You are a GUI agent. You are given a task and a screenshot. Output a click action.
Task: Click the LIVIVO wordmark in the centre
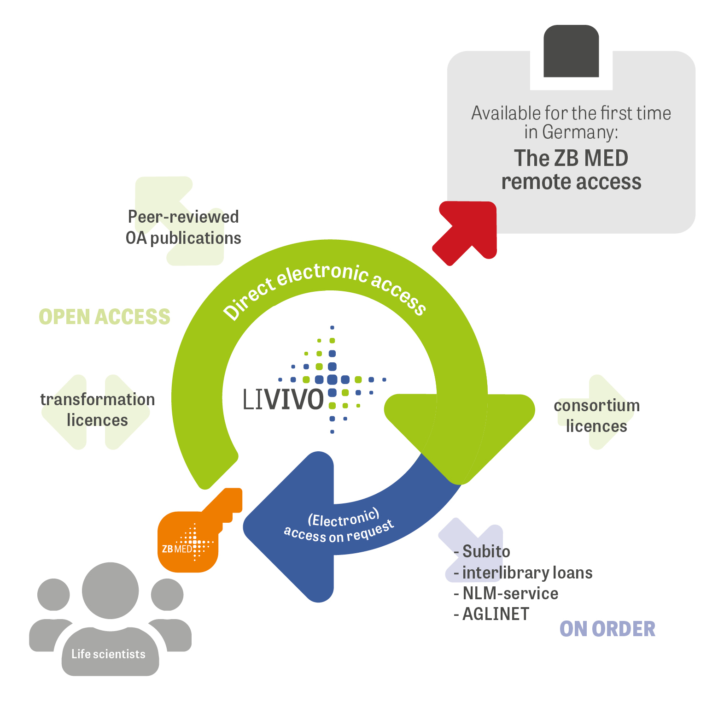coord(283,400)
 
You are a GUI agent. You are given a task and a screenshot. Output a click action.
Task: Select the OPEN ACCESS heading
coord(105,317)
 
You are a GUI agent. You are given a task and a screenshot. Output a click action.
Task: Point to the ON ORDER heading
coord(607,629)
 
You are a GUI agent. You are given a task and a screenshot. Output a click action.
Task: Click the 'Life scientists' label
coord(109,654)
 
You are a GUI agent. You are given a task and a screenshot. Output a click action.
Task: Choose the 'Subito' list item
coord(486,551)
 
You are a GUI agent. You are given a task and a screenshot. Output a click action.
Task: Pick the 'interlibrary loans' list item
coord(527,573)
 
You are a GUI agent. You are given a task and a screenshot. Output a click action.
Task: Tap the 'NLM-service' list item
coord(510,593)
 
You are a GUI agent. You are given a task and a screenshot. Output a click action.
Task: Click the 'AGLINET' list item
coord(496,614)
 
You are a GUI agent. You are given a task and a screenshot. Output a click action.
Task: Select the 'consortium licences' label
coord(596,416)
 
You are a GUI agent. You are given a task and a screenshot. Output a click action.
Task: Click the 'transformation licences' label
coord(98,409)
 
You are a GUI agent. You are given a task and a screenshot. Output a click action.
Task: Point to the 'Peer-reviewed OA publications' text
coord(183,227)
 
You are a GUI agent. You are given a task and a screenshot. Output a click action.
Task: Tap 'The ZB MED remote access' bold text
coord(571,170)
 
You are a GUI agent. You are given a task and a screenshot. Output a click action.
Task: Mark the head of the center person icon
coord(111,590)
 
